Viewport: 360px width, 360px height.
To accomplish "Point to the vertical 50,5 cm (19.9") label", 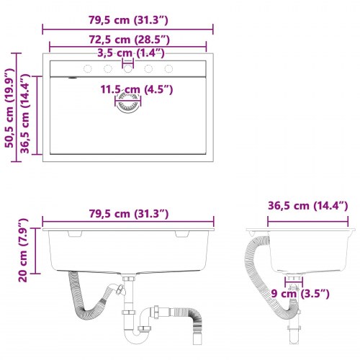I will (9, 108).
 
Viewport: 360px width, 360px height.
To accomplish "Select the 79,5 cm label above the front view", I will (128, 214).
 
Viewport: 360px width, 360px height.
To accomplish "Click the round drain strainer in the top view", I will (128, 104).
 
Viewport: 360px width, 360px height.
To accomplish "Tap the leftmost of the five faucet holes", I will (87, 69).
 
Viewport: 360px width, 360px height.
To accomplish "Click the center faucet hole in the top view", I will (128, 69).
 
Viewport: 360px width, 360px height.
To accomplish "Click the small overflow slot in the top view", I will (72, 76).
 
